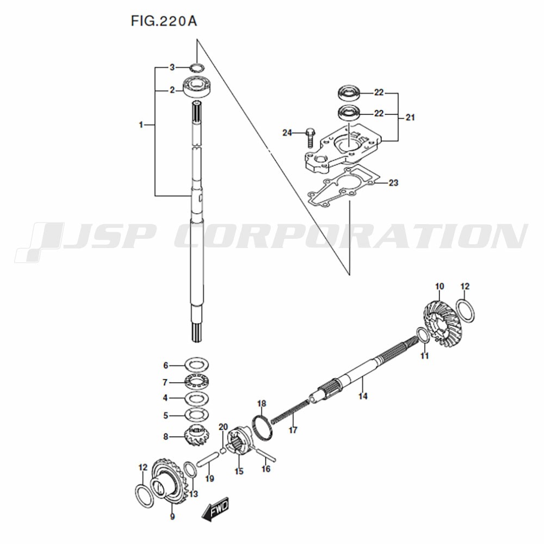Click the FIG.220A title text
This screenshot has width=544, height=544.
pos(164,21)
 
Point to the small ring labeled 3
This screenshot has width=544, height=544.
pos(197,67)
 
